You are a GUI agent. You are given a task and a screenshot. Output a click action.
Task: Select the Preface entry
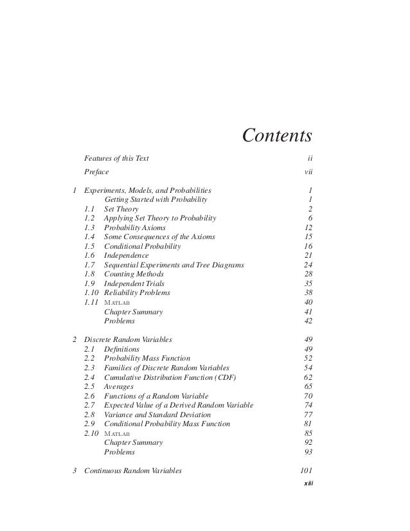pos(96,172)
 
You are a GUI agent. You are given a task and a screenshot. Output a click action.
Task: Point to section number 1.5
pos(91,246)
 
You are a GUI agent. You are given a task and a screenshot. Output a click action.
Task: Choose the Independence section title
pos(126,255)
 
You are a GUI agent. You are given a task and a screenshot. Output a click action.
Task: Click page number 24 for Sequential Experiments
pos(308,265)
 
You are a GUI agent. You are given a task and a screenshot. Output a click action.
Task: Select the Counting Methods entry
pos(134,274)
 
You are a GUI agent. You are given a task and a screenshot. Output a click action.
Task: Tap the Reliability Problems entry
pos(137,292)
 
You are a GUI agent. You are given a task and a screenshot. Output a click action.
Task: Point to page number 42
pos(308,320)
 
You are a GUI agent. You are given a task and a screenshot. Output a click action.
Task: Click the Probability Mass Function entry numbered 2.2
pos(147,357)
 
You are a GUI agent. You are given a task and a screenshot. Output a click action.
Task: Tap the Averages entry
pos(118,386)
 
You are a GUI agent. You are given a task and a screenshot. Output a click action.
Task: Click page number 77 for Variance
pos(308,413)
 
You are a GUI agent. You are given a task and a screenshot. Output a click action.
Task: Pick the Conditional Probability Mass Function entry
pos(167,423)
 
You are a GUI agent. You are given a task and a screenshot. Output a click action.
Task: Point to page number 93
pos(308,451)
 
